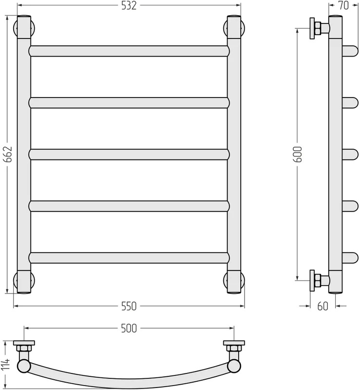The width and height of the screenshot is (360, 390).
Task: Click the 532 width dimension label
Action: [x=129, y=6]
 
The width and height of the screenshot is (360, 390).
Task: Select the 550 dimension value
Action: [x=129, y=306]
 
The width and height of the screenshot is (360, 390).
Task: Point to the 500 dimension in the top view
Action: [x=129, y=328]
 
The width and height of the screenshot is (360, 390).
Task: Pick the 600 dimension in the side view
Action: [x=298, y=154]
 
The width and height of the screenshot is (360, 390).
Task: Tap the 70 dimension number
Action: [x=343, y=6]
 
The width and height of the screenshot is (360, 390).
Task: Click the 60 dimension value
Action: [x=322, y=306]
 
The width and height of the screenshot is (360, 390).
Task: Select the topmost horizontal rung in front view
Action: [x=129, y=51]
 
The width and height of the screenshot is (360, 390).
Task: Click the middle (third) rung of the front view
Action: [x=129, y=155]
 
